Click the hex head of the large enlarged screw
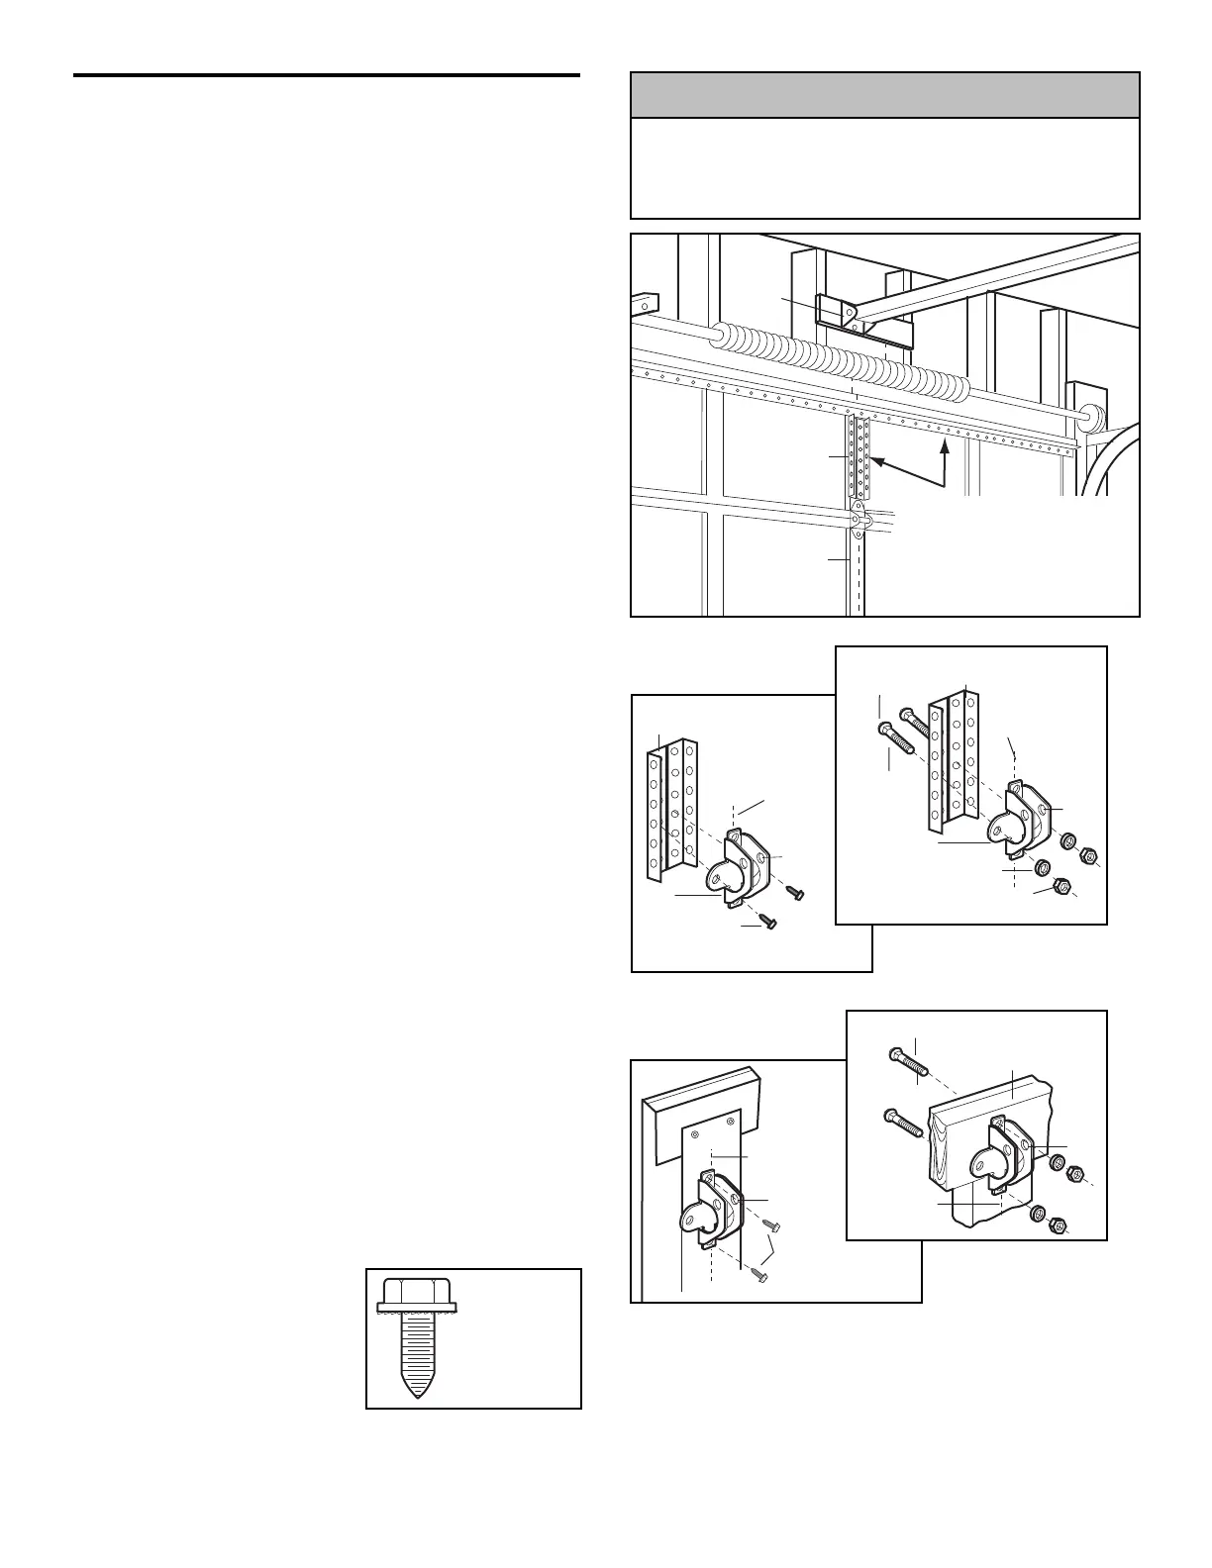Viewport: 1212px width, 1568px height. [417, 1292]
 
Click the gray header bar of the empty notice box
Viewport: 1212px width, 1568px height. [884, 95]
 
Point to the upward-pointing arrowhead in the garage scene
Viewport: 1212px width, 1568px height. [945, 446]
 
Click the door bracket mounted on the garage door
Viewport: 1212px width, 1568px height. [858, 517]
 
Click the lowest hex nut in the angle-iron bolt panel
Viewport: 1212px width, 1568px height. [1060, 884]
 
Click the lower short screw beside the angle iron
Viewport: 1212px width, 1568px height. [766, 923]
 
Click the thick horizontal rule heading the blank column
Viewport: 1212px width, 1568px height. [326, 75]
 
